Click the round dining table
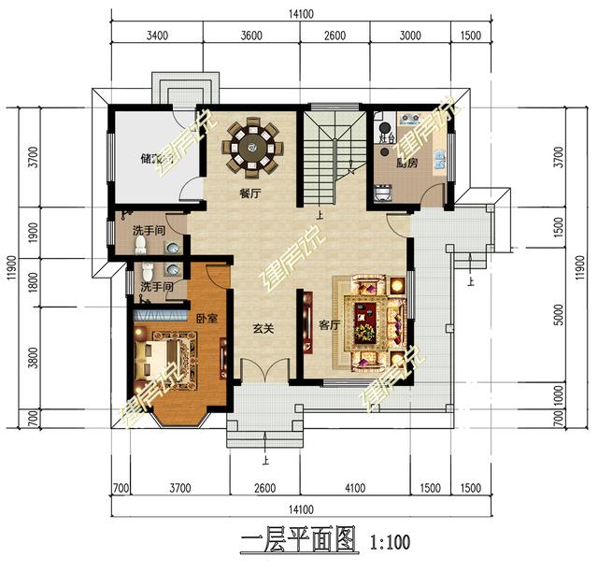point(251,147)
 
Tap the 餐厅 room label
point(249,194)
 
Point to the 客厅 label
point(329,325)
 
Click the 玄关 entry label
point(262,329)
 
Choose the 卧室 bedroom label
point(207,319)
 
